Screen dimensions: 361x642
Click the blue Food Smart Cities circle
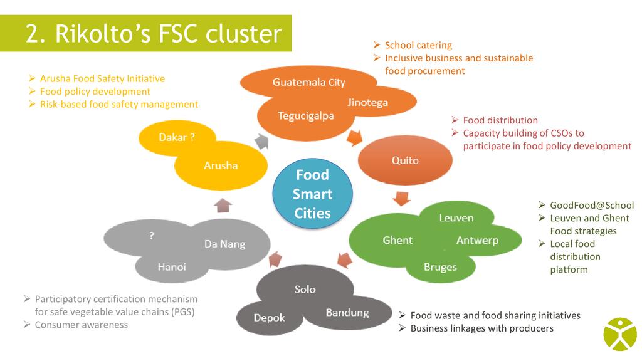[x=312, y=194]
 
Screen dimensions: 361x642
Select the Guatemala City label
[x=308, y=82]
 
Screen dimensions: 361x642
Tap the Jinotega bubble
[x=368, y=102]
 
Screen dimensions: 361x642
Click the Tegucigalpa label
[x=306, y=116]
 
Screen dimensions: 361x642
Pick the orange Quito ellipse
[x=405, y=160]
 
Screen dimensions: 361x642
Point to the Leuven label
[x=456, y=218]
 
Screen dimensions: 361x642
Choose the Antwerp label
[x=477, y=240]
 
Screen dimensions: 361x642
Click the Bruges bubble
[x=440, y=267]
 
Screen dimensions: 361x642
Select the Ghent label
[x=397, y=240]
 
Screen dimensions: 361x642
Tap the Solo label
[x=305, y=290]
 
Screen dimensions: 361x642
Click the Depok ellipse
[x=269, y=318]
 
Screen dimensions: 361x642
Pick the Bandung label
[x=347, y=312]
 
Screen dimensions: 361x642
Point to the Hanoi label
[x=172, y=267]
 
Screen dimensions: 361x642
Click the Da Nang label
[x=224, y=244]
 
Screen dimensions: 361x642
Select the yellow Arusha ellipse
[x=221, y=165]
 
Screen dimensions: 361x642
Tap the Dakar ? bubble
[x=176, y=137]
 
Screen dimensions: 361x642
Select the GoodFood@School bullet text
[x=591, y=206]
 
